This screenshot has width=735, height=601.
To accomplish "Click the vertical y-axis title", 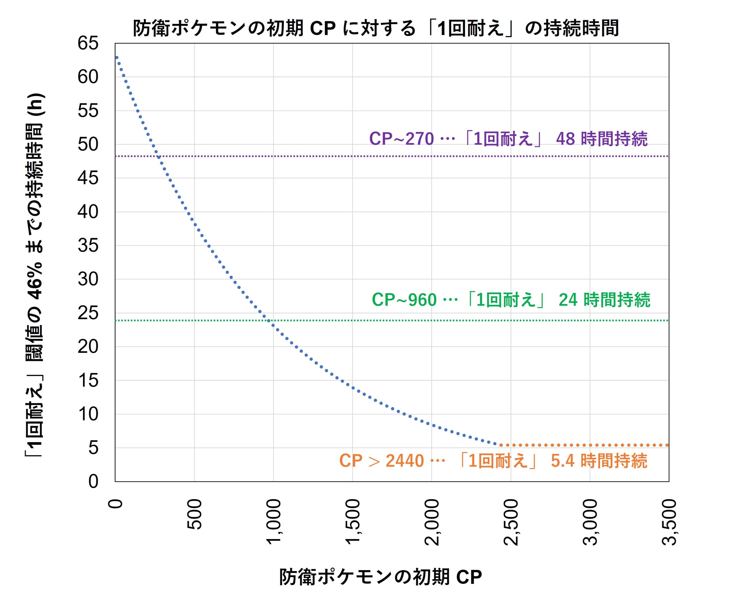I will (x=35, y=275).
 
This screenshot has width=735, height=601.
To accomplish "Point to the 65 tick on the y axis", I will (x=88, y=44).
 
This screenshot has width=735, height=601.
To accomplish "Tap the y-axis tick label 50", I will (x=88, y=145).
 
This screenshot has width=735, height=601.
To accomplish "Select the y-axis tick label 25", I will (x=88, y=313).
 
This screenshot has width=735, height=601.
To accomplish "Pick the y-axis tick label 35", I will (x=88, y=246).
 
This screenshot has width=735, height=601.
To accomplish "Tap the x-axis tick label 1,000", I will (x=274, y=521).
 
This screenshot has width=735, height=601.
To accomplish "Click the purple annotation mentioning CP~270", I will (x=508, y=139).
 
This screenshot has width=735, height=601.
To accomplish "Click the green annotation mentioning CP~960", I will (x=511, y=300).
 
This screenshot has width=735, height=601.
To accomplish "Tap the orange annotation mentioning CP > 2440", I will (x=493, y=461).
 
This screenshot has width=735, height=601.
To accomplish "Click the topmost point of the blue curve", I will (x=117, y=57).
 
